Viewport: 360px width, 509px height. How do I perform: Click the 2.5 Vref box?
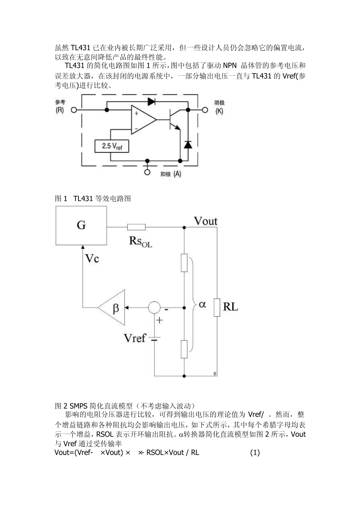click(112, 146)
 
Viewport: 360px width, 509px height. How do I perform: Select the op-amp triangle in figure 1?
click(142, 119)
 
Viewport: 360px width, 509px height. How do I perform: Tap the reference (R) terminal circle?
click(74, 110)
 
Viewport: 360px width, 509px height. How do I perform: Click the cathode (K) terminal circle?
click(205, 110)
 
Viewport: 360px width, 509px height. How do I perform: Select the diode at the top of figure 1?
click(152, 101)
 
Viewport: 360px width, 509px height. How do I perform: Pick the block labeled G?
click(81, 225)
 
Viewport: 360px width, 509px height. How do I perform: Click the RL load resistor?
click(217, 307)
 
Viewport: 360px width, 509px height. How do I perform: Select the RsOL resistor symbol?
click(136, 227)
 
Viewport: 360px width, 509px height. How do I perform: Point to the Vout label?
click(205, 221)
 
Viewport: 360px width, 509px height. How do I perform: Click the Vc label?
click(92, 259)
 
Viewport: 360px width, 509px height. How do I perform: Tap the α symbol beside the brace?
click(203, 304)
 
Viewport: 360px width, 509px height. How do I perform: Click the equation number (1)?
click(255, 453)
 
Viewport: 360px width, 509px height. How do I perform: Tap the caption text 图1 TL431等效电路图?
click(93, 198)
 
